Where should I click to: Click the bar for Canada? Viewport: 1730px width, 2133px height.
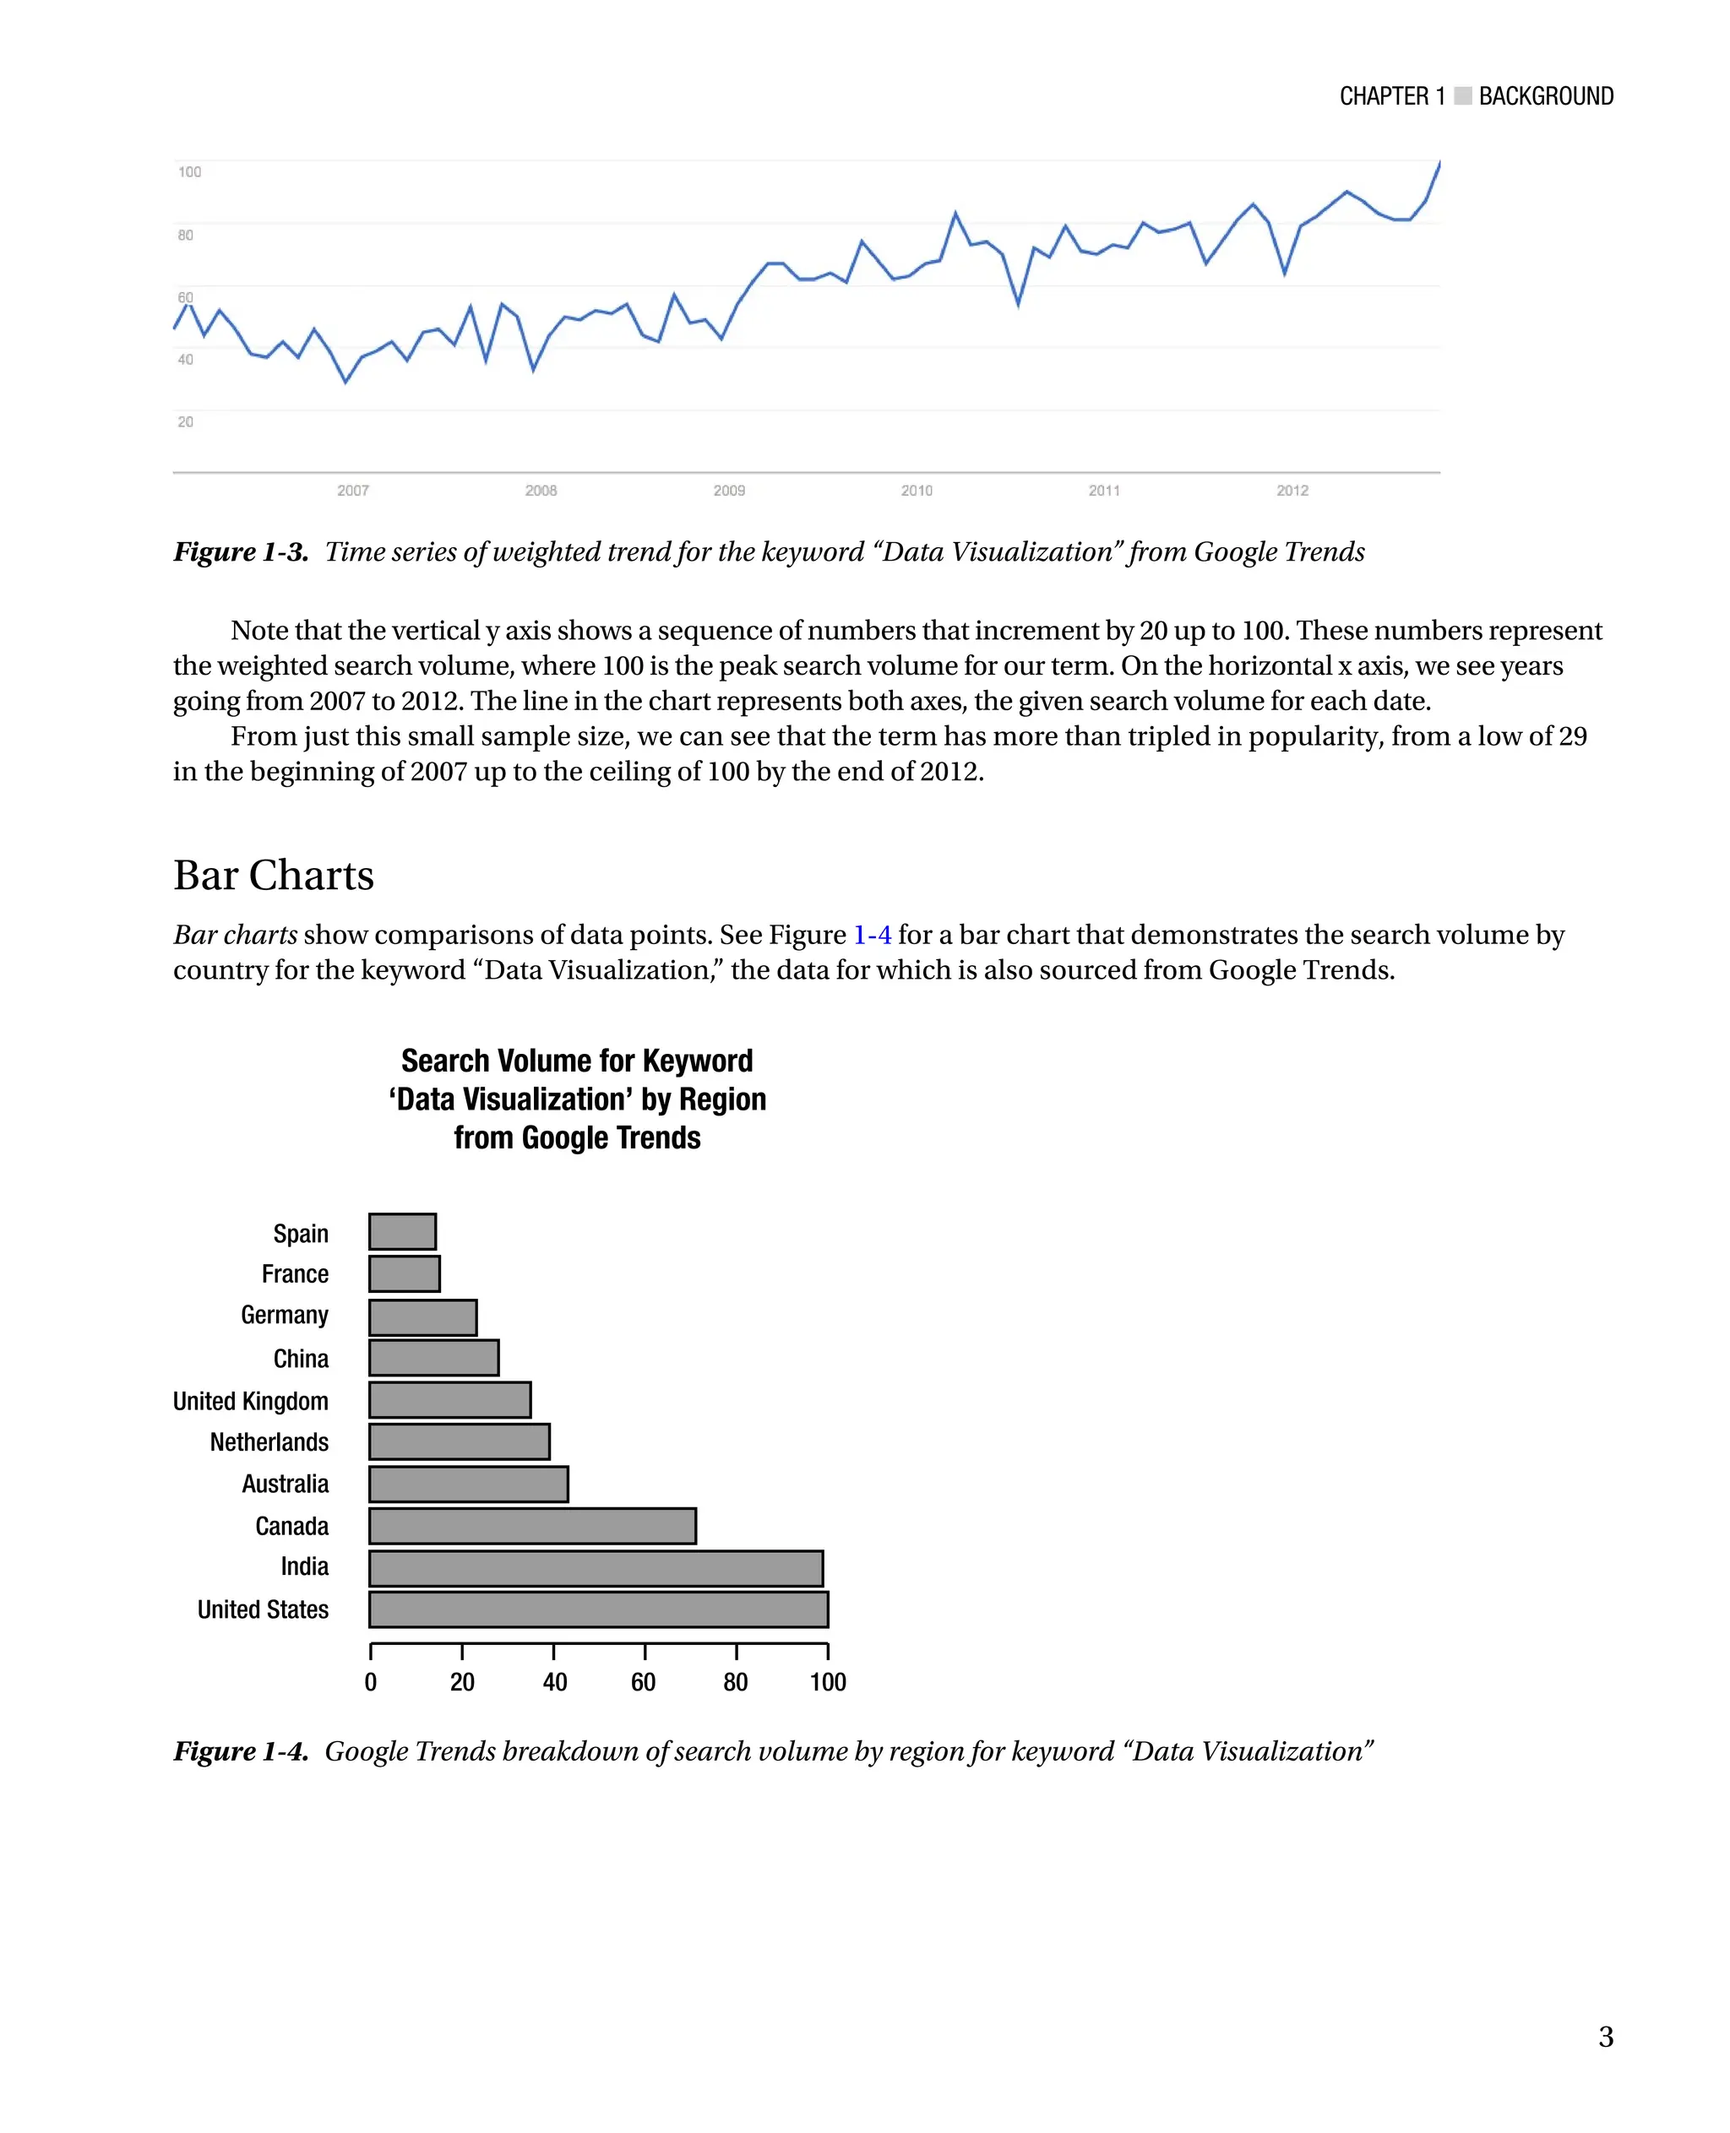point(532,1525)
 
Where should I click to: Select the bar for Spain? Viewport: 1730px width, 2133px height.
point(403,1231)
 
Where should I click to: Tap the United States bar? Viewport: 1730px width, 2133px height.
point(598,1609)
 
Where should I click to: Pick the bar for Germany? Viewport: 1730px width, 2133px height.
point(422,1317)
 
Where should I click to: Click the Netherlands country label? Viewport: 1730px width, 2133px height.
point(269,1441)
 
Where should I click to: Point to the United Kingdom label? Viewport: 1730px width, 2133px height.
point(250,1401)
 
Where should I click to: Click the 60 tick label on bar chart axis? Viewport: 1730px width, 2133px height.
point(643,1683)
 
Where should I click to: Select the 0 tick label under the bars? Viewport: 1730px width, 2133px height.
point(371,1683)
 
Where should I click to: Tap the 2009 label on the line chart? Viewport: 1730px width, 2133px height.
point(728,490)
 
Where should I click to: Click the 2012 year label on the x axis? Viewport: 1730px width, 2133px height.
point(1292,490)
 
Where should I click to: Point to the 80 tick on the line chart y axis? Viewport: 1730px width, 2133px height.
point(185,235)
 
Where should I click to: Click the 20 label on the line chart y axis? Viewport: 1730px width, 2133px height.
point(185,421)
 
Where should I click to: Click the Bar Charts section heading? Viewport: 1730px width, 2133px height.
point(273,875)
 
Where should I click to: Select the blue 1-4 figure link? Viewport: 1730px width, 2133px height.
point(872,935)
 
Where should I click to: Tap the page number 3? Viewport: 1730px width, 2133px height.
point(1606,2037)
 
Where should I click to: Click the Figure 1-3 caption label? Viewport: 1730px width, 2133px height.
point(240,552)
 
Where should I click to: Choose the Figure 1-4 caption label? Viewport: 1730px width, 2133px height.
point(240,1751)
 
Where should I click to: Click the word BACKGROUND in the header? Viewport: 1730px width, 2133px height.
point(1546,96)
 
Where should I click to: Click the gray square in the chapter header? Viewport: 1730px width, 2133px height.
point(1462,95)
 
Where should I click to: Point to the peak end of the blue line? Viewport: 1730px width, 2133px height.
point(1438,162)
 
